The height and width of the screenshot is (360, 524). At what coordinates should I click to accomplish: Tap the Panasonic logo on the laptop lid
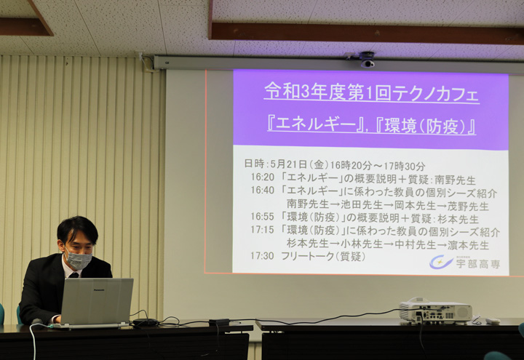99,290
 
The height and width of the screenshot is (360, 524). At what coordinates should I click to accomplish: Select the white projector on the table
435,311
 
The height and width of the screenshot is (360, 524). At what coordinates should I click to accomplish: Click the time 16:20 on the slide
262,177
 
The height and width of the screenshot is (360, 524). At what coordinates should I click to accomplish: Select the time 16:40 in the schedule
262,190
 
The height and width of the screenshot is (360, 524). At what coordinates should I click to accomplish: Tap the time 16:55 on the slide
262,217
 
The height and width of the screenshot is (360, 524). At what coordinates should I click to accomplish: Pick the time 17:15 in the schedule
262,230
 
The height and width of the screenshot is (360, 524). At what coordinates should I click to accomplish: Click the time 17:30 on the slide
262,256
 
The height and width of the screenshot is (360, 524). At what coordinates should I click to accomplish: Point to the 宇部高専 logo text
478,264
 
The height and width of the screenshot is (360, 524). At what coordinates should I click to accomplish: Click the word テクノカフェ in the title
437,93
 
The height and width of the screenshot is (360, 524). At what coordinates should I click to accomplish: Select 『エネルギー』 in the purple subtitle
315,126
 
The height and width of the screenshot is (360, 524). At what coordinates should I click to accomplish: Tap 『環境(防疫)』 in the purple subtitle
426,127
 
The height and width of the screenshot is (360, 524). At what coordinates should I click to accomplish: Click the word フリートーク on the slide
307,256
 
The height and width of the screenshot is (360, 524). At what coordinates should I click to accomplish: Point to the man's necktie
74,275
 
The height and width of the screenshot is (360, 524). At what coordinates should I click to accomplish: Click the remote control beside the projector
493,321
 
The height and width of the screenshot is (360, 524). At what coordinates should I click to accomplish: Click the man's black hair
78,228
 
